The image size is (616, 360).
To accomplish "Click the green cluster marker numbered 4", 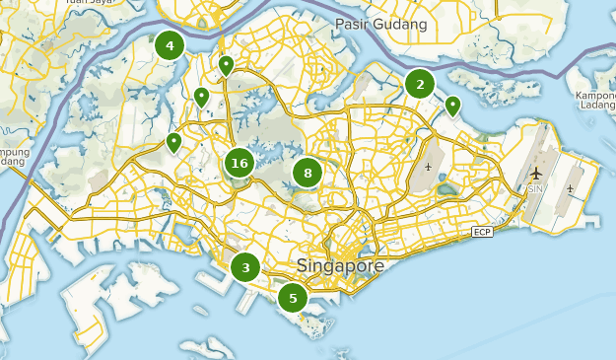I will (x=170, y=45).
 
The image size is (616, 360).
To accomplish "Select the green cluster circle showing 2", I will (x=420, y=84).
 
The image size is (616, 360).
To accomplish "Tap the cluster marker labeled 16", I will (x=239, y=163).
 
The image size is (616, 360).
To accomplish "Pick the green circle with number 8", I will (x=308, y=174).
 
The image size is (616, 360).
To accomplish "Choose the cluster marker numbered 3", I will (x=245, y=266).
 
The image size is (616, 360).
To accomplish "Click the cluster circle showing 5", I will (x=293, y=297).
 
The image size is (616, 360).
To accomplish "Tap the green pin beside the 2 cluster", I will (x=453, y=105).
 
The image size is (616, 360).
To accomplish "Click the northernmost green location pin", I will (x=226, y=66).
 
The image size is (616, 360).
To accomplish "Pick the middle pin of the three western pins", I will (x=201, y=97).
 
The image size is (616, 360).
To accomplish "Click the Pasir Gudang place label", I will (x=381, y=24).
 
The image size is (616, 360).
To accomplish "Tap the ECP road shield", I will (x=482, y=232).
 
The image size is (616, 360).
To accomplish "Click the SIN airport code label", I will (x=535, y=188).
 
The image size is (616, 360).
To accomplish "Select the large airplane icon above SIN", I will (x=535, y=173).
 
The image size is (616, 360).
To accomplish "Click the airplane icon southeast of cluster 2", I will (x=429, y=165).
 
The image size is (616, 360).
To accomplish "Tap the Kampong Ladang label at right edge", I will (x=595, y=102).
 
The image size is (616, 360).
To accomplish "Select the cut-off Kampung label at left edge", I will (x=14, y=158).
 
